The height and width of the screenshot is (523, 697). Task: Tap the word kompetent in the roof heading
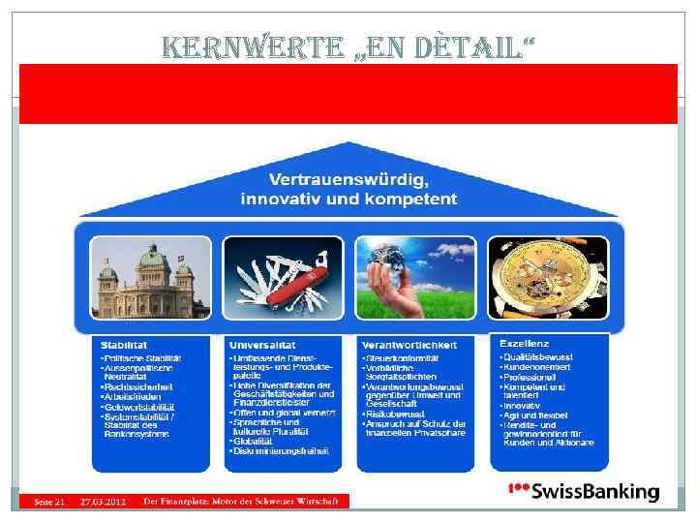point(408,200)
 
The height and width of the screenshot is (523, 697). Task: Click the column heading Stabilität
point(126,345)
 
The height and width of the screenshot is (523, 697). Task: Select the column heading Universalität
point(262,345)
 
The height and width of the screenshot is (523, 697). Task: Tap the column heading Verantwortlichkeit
point(409,345)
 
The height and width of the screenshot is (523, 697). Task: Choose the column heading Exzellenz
point(524,344)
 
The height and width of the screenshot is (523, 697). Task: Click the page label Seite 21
point(49,501)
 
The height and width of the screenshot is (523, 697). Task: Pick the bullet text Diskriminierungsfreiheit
point(282,450)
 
